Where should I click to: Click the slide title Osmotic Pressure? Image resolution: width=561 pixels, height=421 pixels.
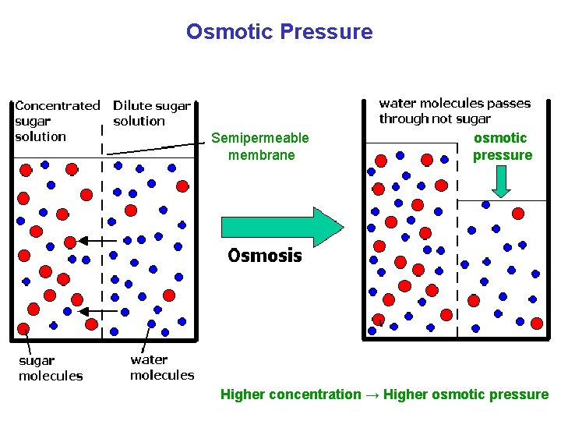click(279, 32)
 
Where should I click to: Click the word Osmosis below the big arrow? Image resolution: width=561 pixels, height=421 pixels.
click(264, 256)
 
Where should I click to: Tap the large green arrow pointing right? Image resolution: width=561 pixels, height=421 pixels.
click(281, 226)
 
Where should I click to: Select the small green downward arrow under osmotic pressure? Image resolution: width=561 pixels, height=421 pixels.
click(501, 182)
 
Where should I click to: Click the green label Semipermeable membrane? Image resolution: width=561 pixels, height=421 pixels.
click(260, 147)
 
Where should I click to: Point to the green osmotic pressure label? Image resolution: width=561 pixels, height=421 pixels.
click(502, 147)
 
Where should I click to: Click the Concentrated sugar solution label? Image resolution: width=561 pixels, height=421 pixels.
click(57, 121)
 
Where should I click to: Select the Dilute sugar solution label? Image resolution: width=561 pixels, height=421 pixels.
click(151, 113)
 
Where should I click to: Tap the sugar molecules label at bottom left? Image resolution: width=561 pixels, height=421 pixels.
click(50, 368)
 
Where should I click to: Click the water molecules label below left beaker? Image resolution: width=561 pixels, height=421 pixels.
click(161, 367)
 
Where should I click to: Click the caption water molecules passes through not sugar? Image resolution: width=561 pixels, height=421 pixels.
click(454, 111)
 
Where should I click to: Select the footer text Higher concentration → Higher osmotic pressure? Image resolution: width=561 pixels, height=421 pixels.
click(384, 394)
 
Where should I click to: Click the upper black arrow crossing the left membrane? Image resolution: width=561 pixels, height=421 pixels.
click(93, 241)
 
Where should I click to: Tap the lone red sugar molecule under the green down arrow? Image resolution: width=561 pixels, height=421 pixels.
click(517, 213)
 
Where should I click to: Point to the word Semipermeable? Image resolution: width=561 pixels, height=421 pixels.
click(260, 138)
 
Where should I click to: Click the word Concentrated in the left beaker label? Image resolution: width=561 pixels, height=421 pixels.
click(57, 105)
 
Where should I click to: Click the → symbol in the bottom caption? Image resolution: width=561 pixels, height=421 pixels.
click(372, 394)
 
